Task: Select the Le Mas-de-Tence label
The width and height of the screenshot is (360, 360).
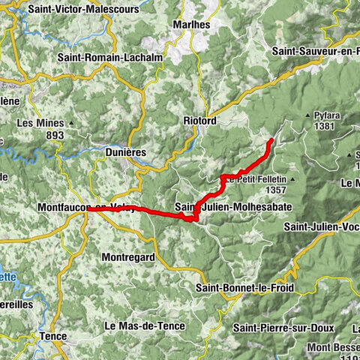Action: (143, 325)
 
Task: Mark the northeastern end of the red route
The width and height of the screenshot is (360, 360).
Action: (271, 139)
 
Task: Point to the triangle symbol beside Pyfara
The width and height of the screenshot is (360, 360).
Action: (307, 116)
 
